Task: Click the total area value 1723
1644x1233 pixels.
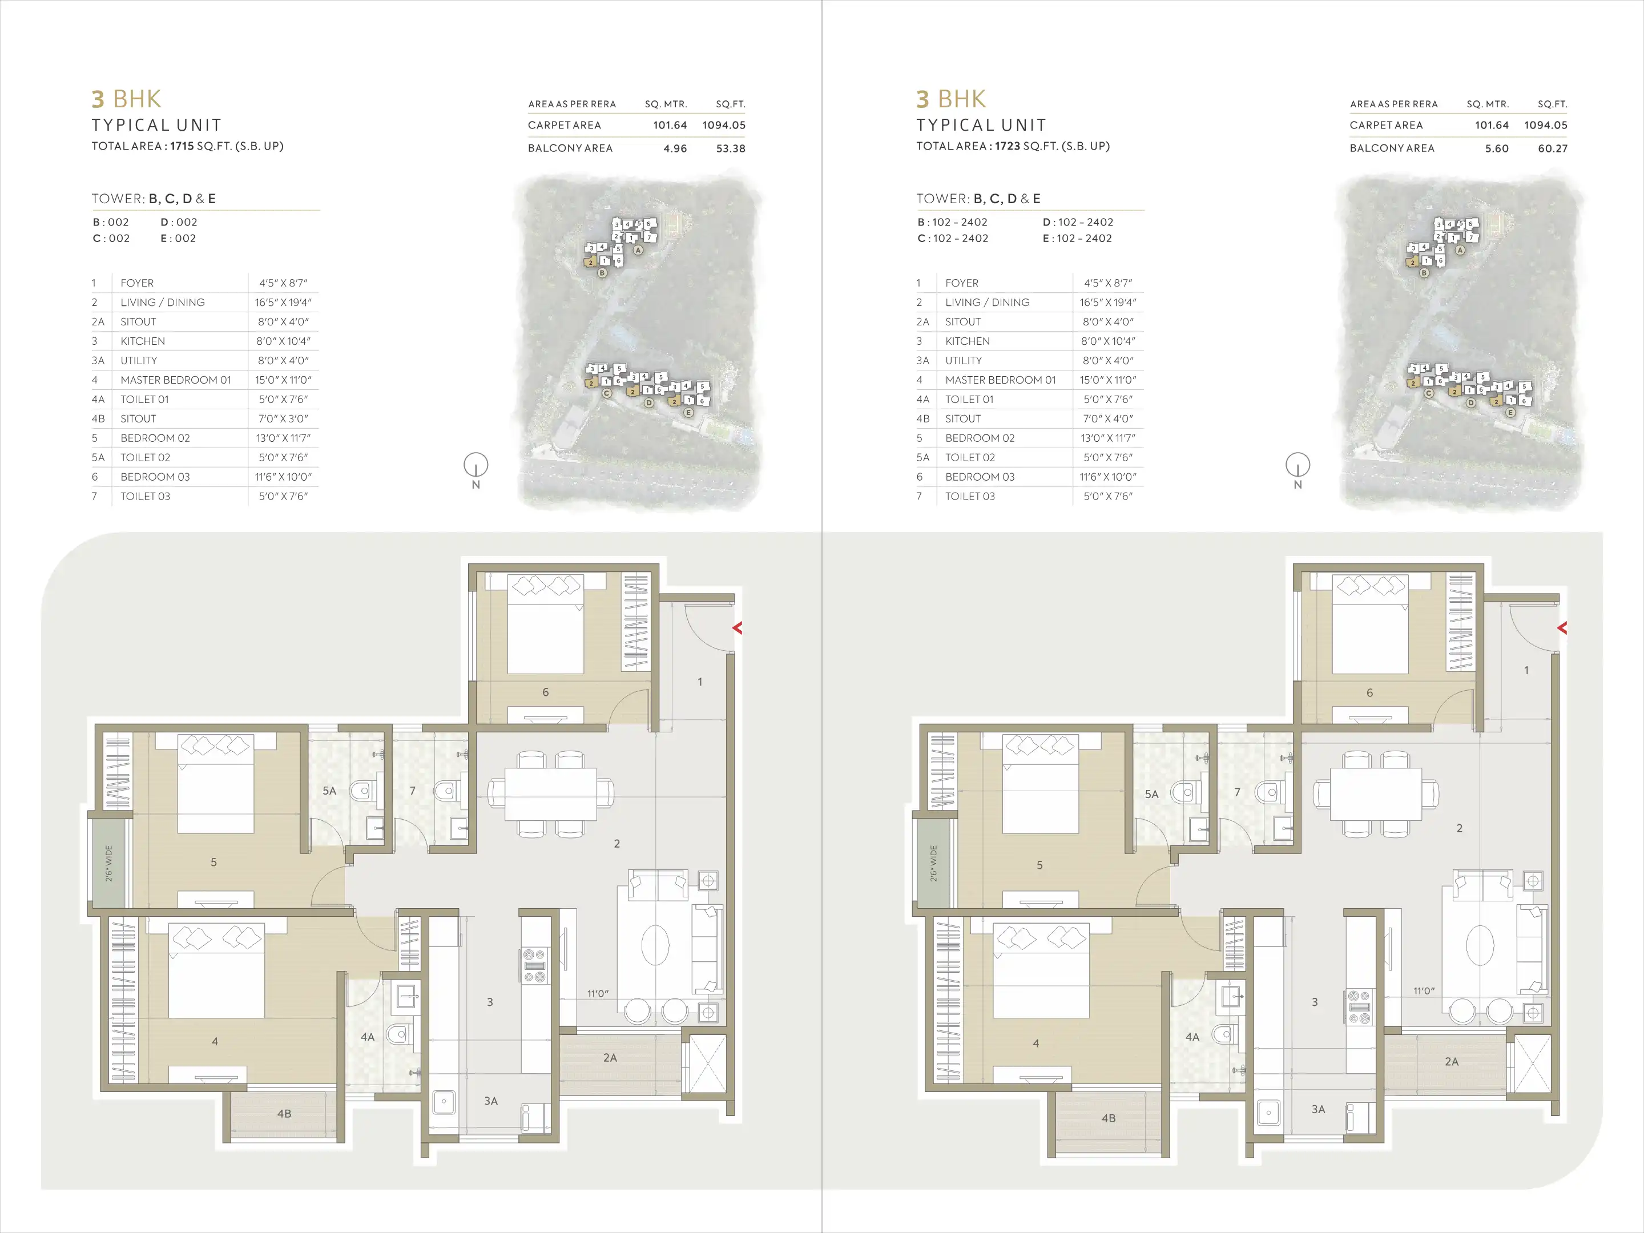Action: click(x=1007, y=146)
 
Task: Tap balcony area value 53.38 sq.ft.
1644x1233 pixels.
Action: click(x=730, y=148)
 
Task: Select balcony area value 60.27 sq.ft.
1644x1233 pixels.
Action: click(x=1552, y=148)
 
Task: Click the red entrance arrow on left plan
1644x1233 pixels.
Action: click(x=738, y=628)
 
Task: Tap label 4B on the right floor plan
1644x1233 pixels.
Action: click(x=1108, y=1118)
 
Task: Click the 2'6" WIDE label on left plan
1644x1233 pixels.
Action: click(x=108, y=863)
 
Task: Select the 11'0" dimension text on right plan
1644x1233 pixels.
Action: click(x=1423, y=991)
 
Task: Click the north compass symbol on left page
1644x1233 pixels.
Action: click(x=476, y=465)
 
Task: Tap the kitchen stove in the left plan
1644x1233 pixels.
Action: click(x=534, y=965)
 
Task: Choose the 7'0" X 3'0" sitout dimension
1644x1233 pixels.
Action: click(x=283, y=418)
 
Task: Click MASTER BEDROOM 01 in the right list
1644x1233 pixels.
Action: click(x=1000, y=380)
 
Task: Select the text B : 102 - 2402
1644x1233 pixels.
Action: click(x=952, y=222)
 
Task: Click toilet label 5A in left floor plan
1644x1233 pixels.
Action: click(x=329, y=791)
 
